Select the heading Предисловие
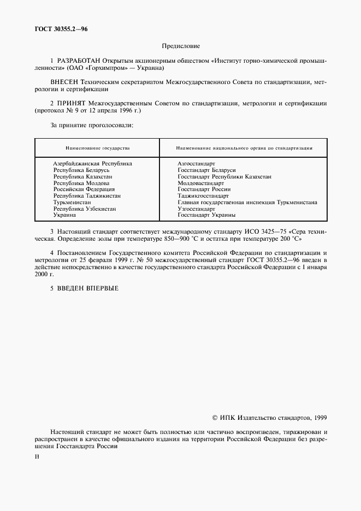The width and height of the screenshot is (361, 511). pos(180,46)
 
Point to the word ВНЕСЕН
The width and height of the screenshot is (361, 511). pos(64,81)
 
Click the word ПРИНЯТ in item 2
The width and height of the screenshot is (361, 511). pos(71,103)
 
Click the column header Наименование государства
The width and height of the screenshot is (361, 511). pos(97,148)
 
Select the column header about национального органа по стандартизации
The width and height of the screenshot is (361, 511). pos(244,148)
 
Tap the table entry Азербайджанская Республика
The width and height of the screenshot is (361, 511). pos(92,163)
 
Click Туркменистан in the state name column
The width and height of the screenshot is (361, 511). pos(72,202)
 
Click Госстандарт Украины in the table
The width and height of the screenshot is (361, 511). pos(206,215)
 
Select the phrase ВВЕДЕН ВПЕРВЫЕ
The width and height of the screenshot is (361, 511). pos(87,288)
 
